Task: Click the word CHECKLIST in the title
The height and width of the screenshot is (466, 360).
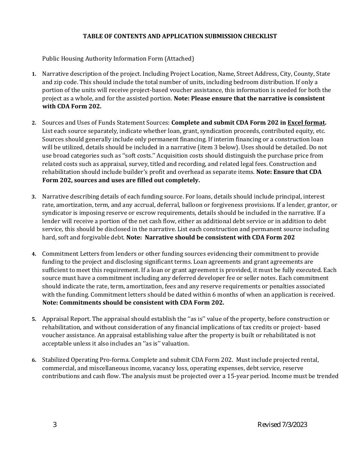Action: coord(261,36)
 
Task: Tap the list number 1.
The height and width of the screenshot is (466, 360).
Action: coord(34,74)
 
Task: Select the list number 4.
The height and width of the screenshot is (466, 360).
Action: coord(34,254)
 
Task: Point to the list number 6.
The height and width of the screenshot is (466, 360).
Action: coord(34,360)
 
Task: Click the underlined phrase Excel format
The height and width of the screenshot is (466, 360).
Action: coord(306,123)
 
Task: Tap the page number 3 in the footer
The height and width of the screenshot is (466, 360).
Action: coord(55,425)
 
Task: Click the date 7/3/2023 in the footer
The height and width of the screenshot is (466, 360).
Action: coord(294,425)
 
